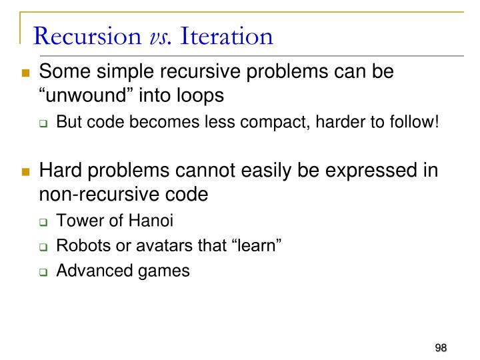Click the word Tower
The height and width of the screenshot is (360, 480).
click(x=76, y=221)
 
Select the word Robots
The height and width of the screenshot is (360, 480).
click(x=79, y=246)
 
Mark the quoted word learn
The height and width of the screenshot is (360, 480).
click(x=257, y=246)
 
